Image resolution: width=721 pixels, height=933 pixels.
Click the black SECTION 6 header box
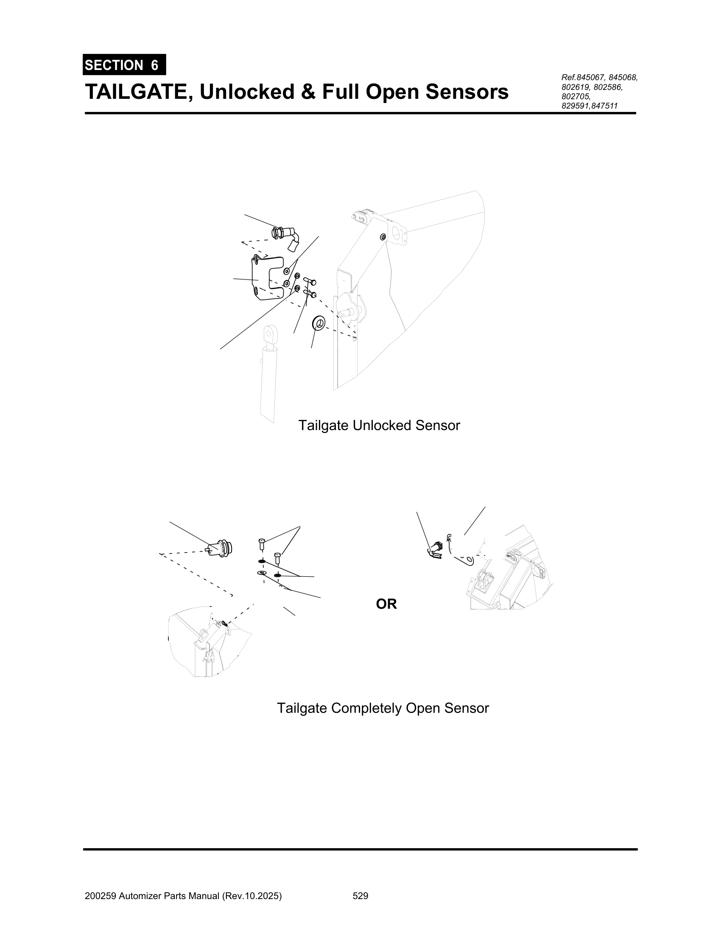(124, 65)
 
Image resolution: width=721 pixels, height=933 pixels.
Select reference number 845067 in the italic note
(590, 78)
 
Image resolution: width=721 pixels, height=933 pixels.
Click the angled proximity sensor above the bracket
(285, 236)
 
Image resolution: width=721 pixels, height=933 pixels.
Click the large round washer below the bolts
(319, 323)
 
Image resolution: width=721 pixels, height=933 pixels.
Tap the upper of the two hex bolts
(310, 281)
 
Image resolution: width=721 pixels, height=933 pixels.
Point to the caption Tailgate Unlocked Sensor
(379, 425)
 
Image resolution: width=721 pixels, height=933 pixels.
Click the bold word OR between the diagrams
(386, 604)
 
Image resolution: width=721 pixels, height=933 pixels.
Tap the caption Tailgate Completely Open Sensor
(383, 708)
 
